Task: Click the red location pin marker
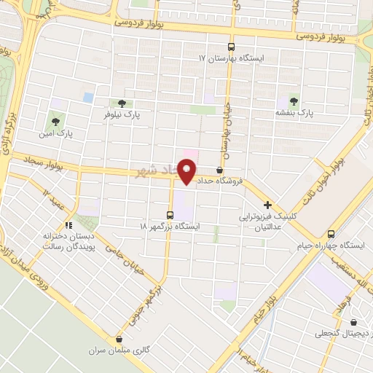click(187, 172)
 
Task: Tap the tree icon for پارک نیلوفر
click(121, 103)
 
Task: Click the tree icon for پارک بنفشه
click(294, 101)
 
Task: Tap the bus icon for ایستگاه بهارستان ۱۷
click(232, 45)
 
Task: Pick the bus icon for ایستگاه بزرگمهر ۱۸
click(170, 215)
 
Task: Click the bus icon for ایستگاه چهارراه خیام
click(331, 235)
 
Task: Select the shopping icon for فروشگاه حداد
click(219, 170)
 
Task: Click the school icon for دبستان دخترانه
click(70, 225)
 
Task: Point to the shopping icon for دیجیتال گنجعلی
click(354, 323)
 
